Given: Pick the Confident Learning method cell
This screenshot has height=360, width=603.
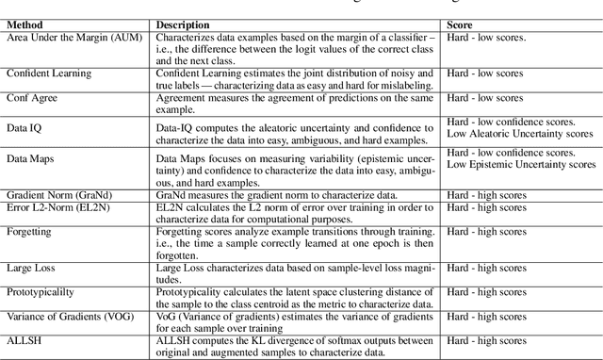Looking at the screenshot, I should point(47,73).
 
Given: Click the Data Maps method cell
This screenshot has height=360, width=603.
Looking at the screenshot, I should point(31,162).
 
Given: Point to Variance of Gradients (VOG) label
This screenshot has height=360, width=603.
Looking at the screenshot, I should point(71,314).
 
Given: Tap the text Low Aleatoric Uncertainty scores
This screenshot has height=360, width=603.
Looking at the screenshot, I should point(520,134).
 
